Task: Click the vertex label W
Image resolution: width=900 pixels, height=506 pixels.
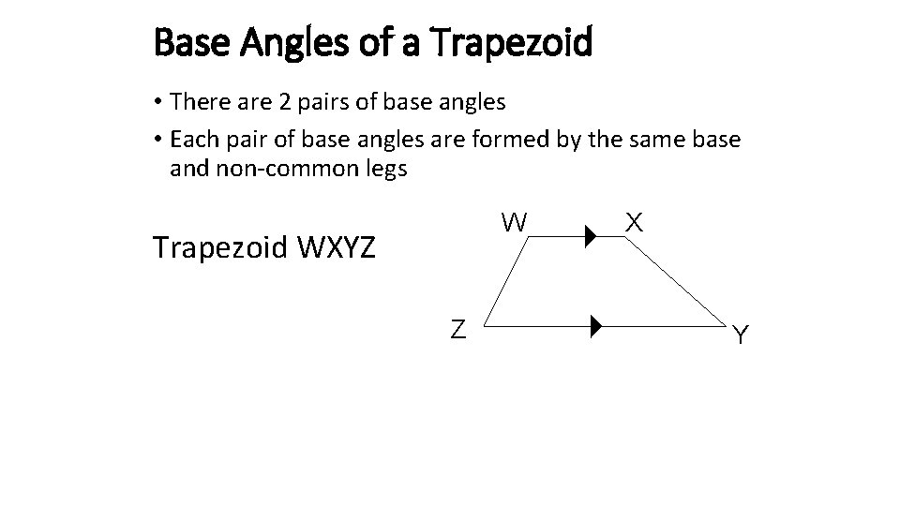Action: click(x=514, y=222)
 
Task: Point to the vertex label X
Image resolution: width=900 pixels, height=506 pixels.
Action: click(x=634, y=222)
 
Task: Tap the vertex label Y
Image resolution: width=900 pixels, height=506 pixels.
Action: click(x=741, y=335)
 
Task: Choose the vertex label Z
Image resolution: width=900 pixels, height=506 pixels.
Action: click(x=458, y=329)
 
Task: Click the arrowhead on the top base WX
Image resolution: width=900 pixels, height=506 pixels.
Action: click(x=591, y=237)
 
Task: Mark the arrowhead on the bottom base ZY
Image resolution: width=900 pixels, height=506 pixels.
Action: click(x=596, y=328)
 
